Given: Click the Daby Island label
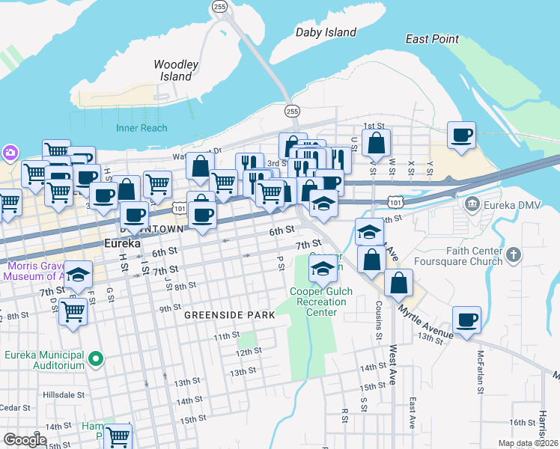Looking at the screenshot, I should click(x=325, y=32).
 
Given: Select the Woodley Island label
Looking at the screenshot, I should click(x=176, y=70).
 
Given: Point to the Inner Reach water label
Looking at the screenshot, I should click(x=141, y=128).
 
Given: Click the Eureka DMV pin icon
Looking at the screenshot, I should click(x=472, y=204).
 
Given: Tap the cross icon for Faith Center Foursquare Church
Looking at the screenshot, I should click(x=513, y=255).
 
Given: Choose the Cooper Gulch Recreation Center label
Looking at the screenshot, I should click(x=318, y=302).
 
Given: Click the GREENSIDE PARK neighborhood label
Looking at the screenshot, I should click(x=230, y=316).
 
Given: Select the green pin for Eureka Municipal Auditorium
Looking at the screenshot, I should click(x=94, y=360).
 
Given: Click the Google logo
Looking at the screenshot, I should click(x=25, y=439).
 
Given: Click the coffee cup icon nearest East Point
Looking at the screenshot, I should click(x=462, y=135).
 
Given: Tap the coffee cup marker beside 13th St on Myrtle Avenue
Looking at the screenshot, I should click(x=468, y=320).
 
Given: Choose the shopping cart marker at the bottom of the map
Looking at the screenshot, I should click(x=118, y=436).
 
